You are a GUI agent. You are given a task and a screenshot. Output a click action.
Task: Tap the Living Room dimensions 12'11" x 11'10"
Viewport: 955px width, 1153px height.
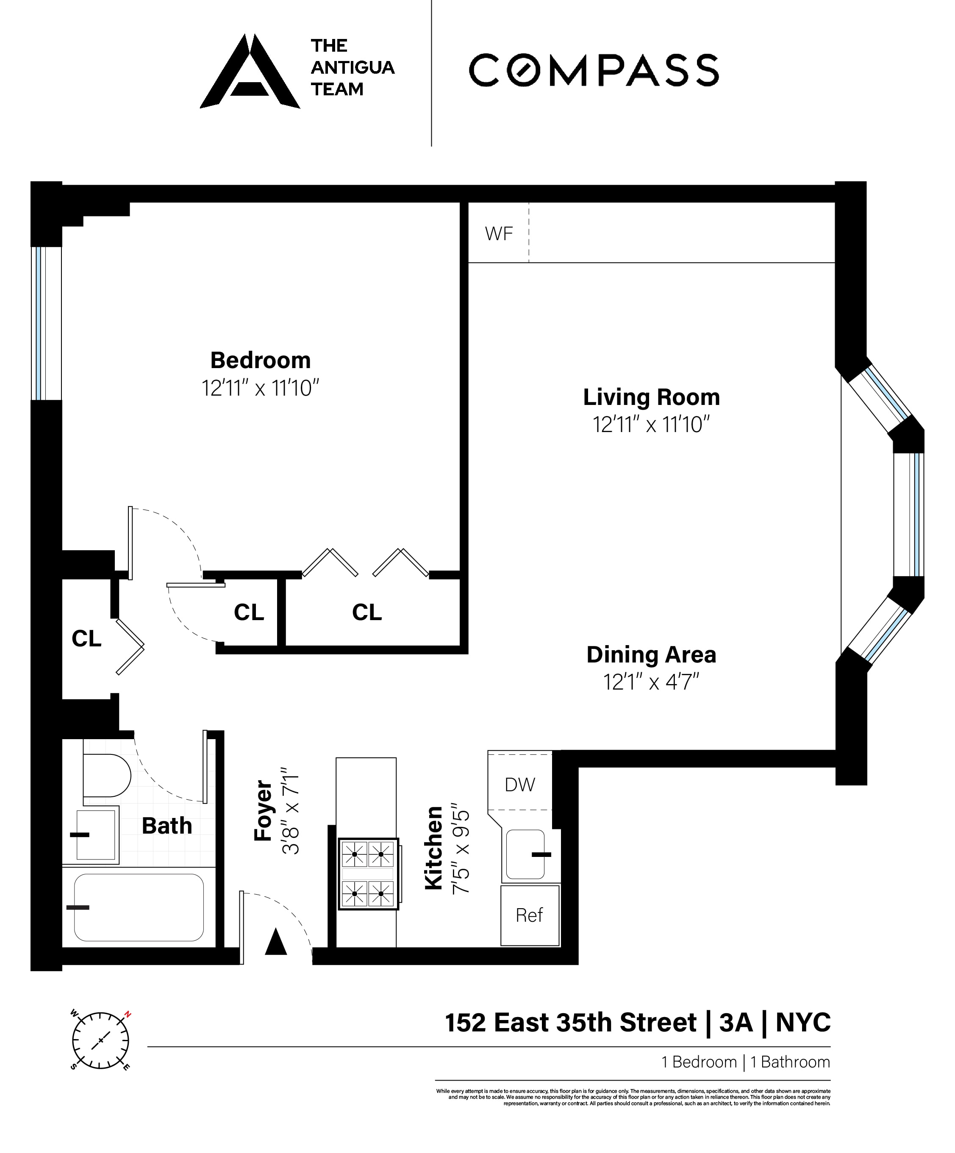(x=651, y=425)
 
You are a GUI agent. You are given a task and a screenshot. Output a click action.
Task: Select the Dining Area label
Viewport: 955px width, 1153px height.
(x=651, y=654)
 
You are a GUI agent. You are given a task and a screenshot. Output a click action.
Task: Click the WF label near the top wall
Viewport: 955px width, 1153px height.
(x=498, y=234)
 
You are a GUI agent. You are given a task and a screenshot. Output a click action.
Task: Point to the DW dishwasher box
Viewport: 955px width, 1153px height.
(x=519, y=784)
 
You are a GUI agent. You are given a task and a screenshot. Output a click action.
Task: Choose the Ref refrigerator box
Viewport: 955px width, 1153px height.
(x=529, y=915)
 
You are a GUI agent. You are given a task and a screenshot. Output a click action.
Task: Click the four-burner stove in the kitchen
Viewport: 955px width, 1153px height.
(x=368, y=873)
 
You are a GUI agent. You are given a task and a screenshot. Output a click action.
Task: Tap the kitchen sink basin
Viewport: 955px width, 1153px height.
(x=525, y=854)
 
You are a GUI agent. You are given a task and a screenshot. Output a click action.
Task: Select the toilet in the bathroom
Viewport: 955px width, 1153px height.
(x=106, y=775)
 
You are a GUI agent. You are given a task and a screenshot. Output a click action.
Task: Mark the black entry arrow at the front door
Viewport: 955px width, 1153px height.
(x=276, y=942)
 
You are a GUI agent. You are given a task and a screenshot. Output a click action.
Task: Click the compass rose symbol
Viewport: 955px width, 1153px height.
(x=100, y=1040)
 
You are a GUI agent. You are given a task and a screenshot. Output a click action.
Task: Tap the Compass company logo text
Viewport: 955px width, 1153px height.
(x=593, y=70)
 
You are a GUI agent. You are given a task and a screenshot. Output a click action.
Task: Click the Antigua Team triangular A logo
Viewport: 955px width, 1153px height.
(x=250, y=72)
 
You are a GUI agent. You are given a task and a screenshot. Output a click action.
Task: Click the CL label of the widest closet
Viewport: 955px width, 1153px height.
(x=366, y=612)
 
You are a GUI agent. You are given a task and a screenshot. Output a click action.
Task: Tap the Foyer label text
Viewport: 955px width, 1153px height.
(x=264, y=810)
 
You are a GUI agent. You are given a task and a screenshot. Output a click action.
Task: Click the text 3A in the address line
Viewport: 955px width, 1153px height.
(x=736, y=1023)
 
